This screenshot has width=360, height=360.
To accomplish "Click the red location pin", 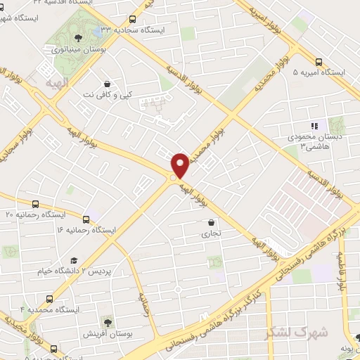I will [180, 165].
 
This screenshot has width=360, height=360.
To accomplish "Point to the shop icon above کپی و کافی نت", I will [106, 82].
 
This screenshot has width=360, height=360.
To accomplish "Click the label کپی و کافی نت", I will [106, 93].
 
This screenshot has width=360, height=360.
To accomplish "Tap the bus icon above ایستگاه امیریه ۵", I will [319, 61].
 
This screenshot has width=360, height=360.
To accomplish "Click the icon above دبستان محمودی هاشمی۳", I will [314, 126].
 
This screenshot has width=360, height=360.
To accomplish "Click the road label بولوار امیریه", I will [270, 22].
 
